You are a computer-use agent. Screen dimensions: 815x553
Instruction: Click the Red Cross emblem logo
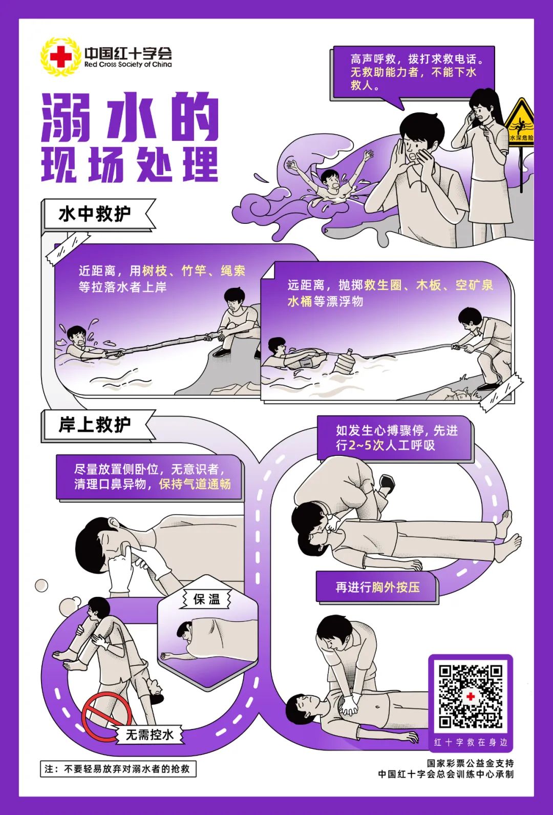coord(60,56)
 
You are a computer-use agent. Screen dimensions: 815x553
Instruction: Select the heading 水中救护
coord(95,214)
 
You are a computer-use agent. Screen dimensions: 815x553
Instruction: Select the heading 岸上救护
coord(95,425)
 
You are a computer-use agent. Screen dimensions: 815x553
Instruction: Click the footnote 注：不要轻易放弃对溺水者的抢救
coord(117,769)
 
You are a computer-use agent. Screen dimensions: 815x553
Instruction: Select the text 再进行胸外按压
coord(377,587)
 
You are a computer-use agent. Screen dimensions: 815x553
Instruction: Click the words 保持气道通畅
coord(195,484)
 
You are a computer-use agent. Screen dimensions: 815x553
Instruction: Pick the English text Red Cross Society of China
coord(128,65)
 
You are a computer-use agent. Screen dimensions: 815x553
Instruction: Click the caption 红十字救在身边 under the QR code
coord(470,742)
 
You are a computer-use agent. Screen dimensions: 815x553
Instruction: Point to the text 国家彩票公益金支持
coord(470,763)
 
